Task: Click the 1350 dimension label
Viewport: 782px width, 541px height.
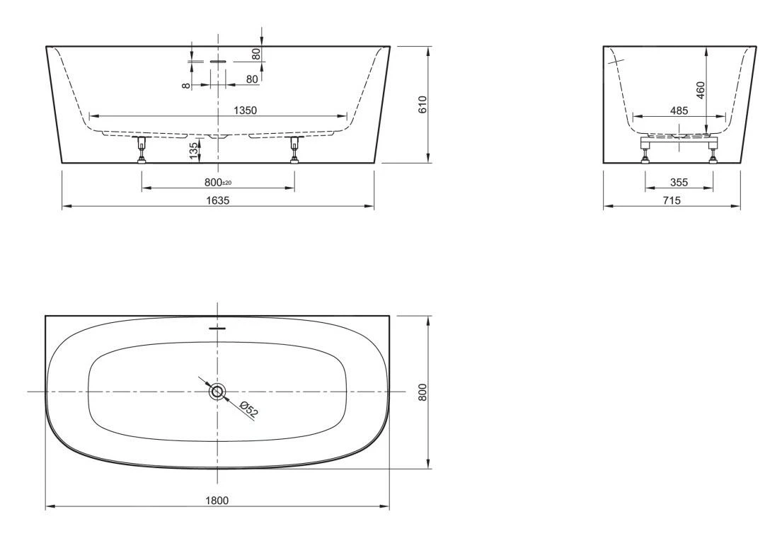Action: (246, 110)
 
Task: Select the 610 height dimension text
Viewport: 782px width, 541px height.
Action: (422, 105)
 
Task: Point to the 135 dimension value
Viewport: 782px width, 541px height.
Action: (193, 150)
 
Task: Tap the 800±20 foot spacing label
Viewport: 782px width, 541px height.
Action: (218, 182)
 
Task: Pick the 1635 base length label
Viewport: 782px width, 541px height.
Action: (218, 200)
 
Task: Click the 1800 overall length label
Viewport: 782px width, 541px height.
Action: (217, 501)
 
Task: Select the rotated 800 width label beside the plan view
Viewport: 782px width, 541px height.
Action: (422, 392)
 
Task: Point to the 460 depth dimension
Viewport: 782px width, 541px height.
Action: (701, 91)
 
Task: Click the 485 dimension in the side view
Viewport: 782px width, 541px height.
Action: (678, 110)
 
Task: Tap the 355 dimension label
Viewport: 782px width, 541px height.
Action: (679, 182)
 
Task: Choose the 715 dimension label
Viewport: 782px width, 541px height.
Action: (672, 200)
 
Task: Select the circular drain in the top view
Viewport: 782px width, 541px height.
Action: (217, 392)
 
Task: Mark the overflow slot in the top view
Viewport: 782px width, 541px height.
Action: (218, 329)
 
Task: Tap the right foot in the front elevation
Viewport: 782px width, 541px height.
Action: (295, 151)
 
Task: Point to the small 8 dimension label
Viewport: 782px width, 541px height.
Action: (185, 85)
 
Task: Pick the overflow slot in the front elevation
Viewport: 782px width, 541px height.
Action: (218, 62)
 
